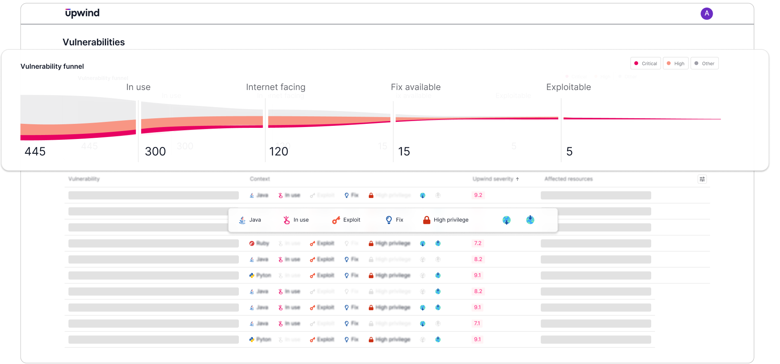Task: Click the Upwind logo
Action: click(83, 13)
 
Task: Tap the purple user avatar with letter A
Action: click(707, 14)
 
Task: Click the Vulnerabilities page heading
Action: click(94, 42)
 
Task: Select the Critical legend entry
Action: click(646, 63)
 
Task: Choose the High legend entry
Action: click(676, 63)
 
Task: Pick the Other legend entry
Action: click(704, 63)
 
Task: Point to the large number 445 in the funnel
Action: click(35, 151)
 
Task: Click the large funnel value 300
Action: click(155, 151)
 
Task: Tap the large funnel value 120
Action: click(278, 151)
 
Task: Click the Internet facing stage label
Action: click(276, 87)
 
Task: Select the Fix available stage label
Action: click(416, 87)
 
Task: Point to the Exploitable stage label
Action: click(568, 87)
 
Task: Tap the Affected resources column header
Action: click(568, 179)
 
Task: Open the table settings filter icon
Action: click(702, 179)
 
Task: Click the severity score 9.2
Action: click(478, 195)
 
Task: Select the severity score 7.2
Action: click(478, 243)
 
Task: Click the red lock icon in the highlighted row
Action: click(427, 220)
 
